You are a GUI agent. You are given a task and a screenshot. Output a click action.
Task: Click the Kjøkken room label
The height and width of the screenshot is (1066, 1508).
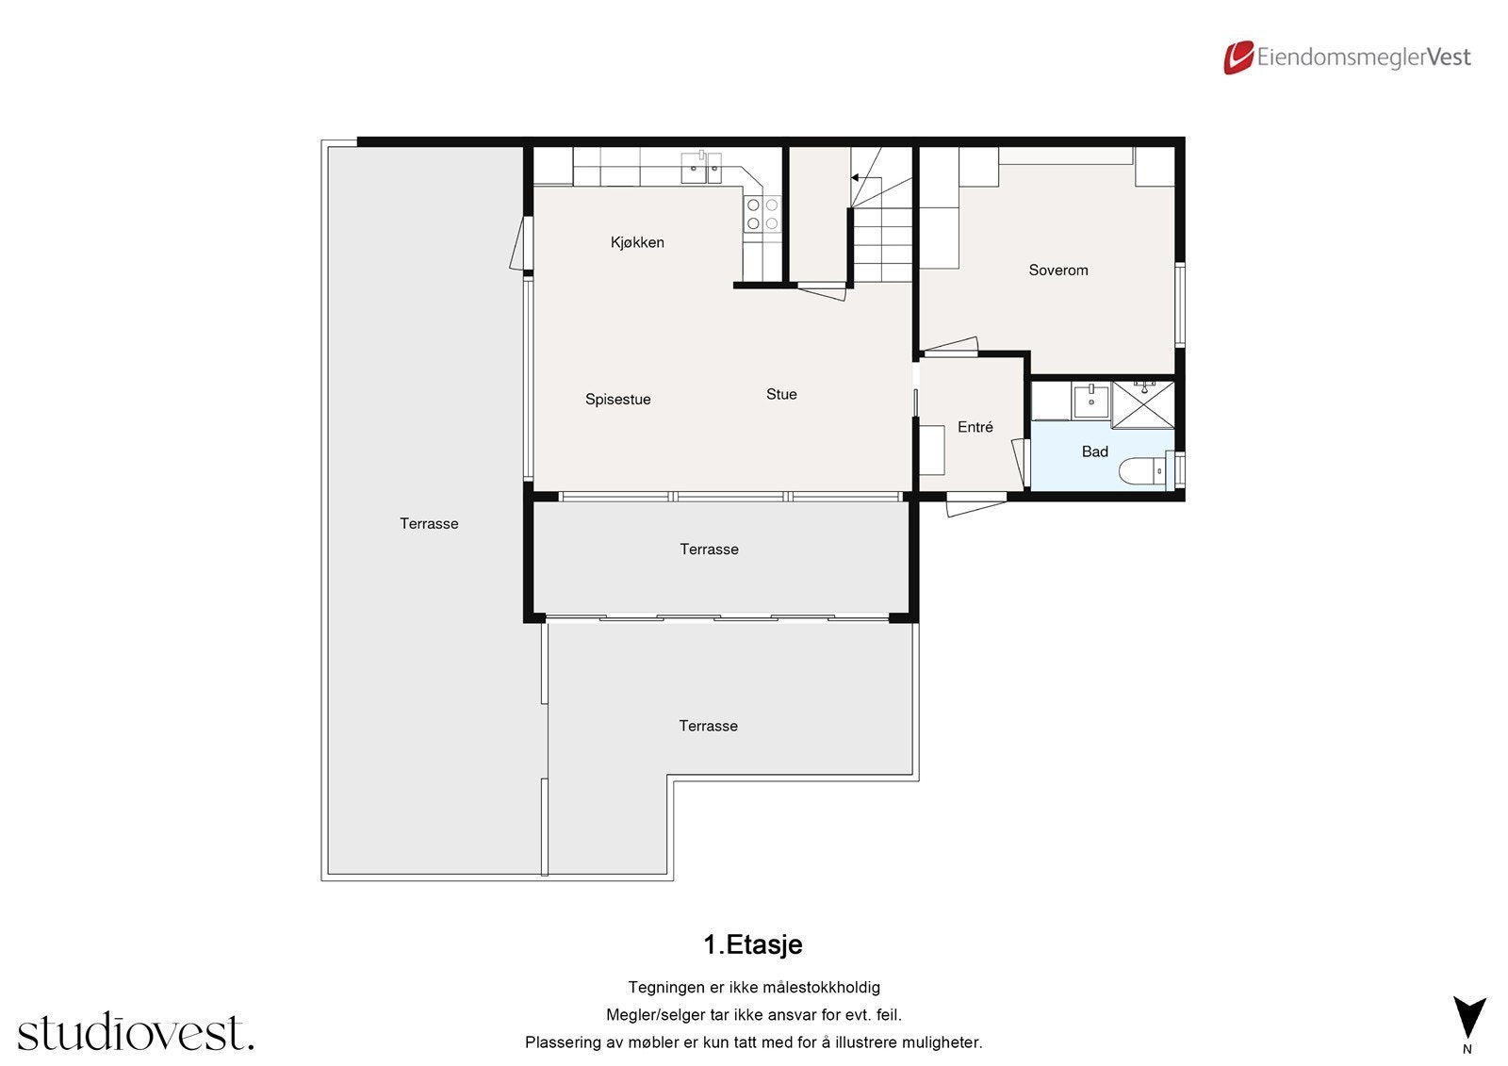click(x=637, y=242)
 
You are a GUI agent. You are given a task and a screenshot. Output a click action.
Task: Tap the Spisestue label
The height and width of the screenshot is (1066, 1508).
click(x=617, y=400)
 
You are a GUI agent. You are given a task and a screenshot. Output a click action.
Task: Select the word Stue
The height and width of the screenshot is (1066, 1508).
click(x=781, y=394)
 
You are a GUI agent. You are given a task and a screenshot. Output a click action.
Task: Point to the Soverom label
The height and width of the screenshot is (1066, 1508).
click(x=1057, y=270)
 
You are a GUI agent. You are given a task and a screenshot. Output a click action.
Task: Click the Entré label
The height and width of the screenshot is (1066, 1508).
click(x=975, y=427)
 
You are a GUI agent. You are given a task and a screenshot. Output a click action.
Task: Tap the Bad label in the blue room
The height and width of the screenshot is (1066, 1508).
click(x=1094, y=451)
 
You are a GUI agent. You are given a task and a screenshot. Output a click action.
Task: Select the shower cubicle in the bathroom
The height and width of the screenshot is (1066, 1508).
click(x=1143, y=403)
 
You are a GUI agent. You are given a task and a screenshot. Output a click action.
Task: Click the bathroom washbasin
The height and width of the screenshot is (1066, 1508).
click(x=1091, y=400)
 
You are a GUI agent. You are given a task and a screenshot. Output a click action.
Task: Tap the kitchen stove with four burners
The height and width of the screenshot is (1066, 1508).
click(x=762, y=214)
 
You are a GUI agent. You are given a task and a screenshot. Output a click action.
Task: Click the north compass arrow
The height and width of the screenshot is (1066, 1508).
click(x=1467, y=1017)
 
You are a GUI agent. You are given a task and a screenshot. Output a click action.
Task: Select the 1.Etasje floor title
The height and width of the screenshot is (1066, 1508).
click(x=752, y=944)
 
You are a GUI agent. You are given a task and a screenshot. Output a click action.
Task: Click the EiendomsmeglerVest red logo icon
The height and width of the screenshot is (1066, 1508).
click(x=1238, y=57)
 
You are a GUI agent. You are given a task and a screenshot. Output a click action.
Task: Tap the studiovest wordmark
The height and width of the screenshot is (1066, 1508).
click(x=135, y=1032)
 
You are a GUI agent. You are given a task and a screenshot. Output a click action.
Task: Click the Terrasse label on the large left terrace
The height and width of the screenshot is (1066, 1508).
click(x=429, y=523)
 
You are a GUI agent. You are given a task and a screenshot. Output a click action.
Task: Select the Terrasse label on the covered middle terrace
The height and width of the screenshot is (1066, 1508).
click(x=709, y=549)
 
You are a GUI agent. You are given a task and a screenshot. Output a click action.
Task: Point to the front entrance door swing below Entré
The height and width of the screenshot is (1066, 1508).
click(x=975, y=506)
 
